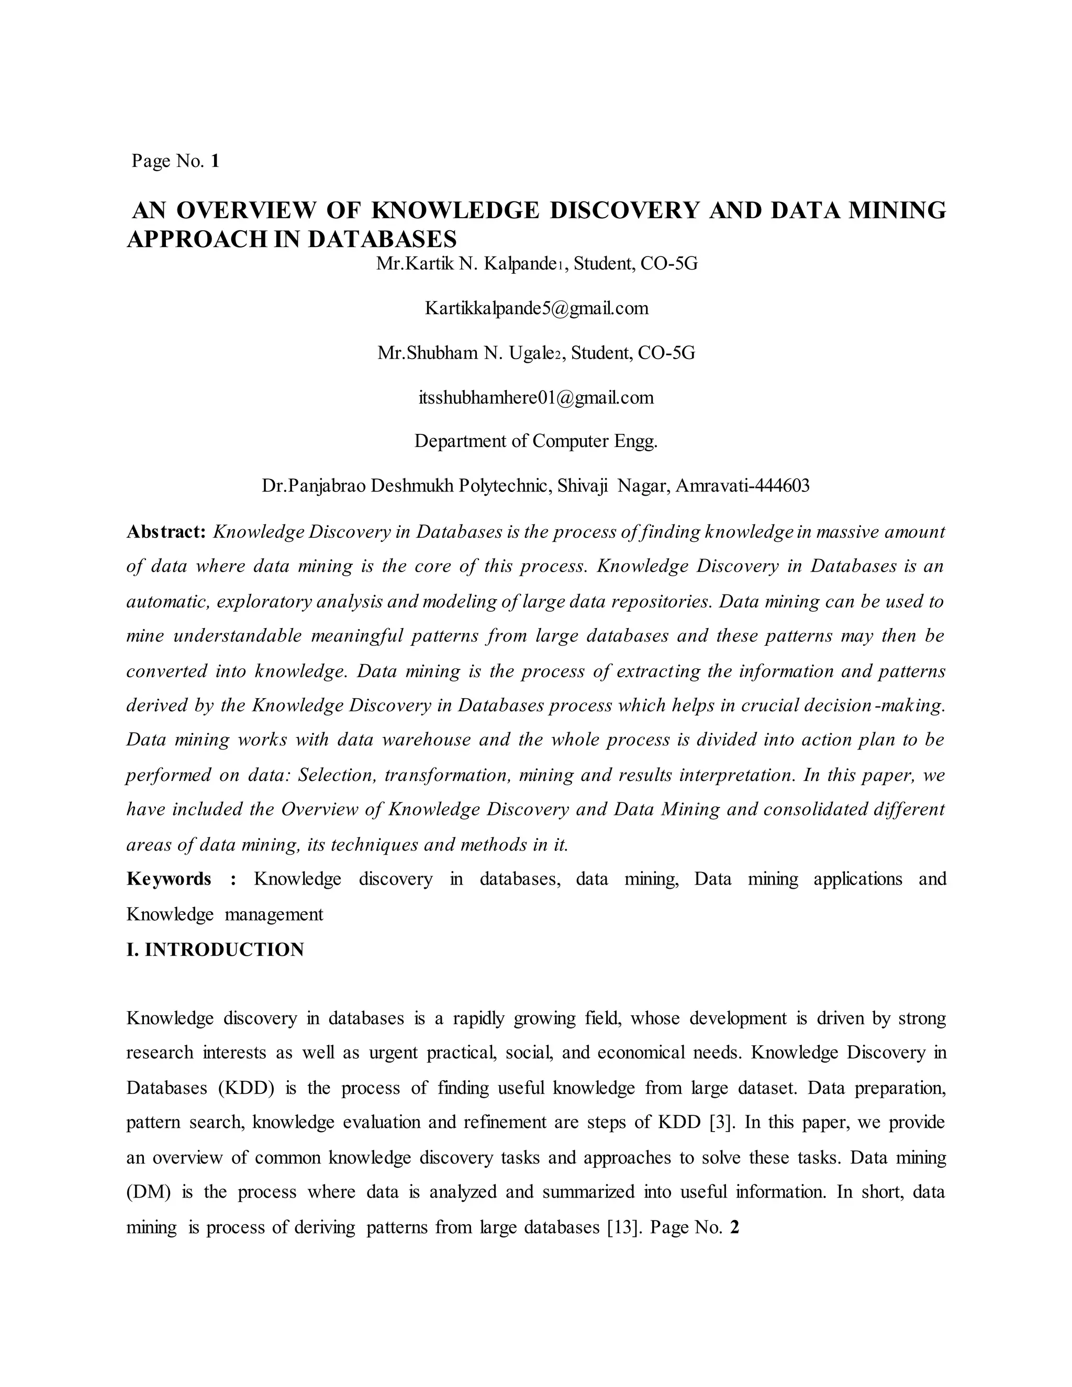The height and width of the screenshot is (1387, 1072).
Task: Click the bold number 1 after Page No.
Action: click(215, 161)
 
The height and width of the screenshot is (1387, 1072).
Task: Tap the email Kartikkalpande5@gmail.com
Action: click(536, 309)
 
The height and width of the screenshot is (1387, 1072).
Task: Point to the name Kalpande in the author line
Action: click(519, 264)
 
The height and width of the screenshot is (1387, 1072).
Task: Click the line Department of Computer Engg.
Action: click(536, 441)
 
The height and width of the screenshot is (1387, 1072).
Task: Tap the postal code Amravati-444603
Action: click(742, 486)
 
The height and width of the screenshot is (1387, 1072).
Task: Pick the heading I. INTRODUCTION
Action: click(215, 949)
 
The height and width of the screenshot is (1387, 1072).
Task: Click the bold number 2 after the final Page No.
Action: click(735, 1227)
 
